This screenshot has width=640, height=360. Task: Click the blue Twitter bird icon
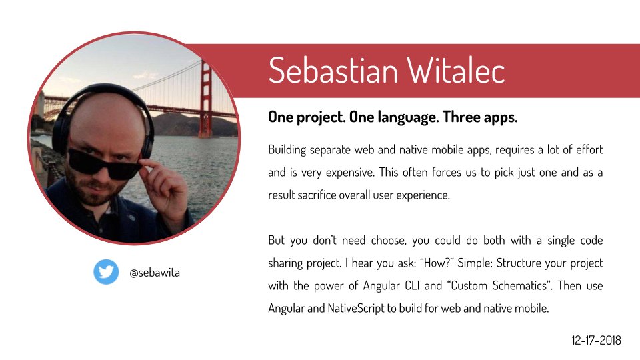[106, 272]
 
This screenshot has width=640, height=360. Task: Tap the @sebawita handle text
[155, 273]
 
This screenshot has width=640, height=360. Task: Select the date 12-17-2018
[596, 340]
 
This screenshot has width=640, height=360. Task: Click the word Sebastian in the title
[333, 71]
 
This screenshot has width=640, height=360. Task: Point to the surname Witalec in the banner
[456, 71]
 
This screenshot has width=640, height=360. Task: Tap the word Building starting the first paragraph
[287, 150]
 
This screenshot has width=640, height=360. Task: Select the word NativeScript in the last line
[356, 308]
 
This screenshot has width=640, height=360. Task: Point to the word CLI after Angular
[412, 285]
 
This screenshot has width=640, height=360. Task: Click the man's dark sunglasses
[104, 164]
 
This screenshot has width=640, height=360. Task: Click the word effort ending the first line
[589, 149]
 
